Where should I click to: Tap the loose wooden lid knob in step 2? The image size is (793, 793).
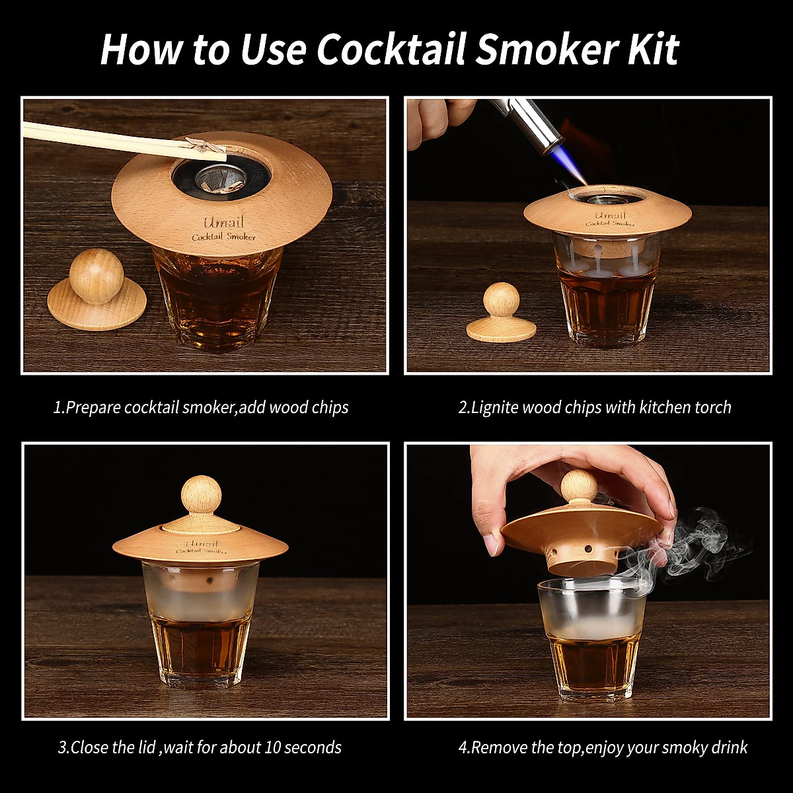pyautogui.click(x=501, y=301)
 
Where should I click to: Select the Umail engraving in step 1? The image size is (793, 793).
pyautogui.click(x=223, y=223)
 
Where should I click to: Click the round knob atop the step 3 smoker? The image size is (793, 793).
pyautogui.click(x=200, y=493)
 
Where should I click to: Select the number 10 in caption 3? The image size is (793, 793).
pyautogui.click(x=273, y=747)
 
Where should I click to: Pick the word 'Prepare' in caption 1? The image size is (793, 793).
pyautogui.click(x=93, y=407)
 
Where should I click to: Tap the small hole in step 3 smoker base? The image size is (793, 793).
pyautogui.click(x=210, y=580)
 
